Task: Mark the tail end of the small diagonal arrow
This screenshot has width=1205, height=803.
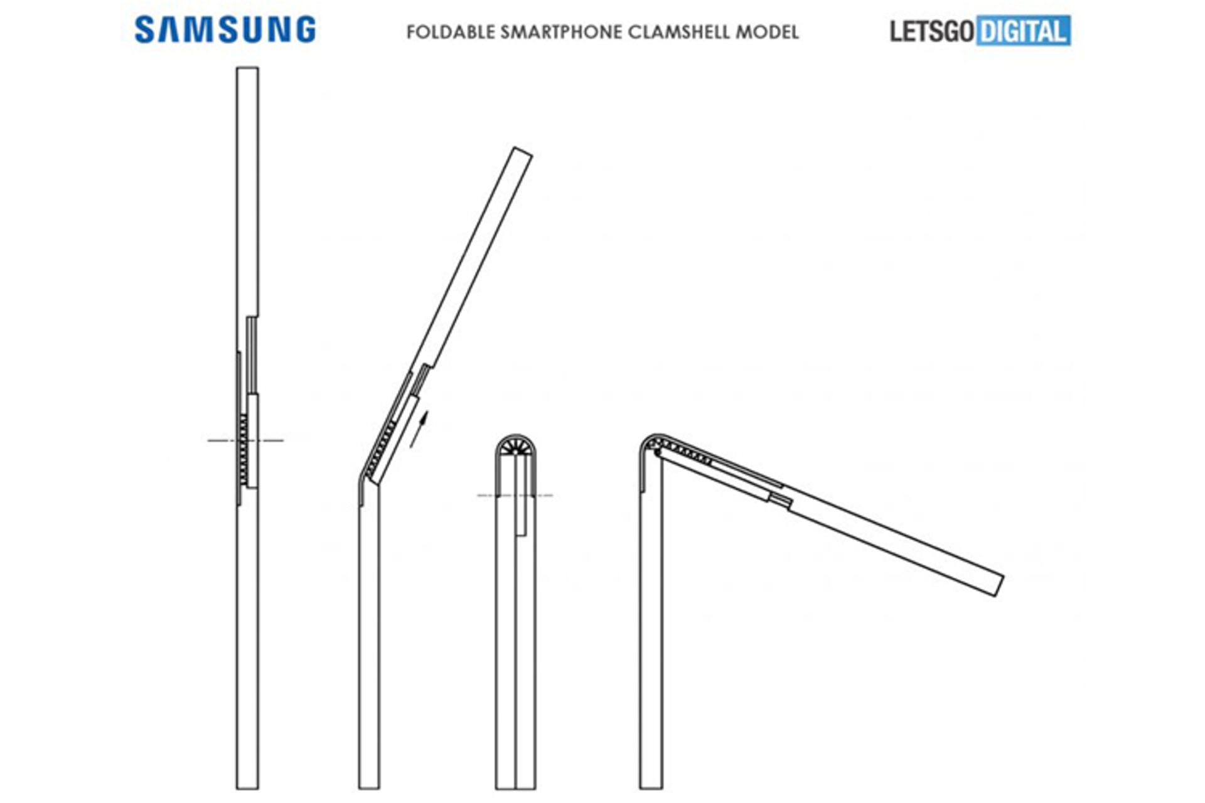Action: pyautogui.click(x=411, y=447)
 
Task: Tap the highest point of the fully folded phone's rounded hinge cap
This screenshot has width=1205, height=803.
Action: pyautogui.click(x=515, y=434)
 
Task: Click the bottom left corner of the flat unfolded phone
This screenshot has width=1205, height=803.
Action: pyautogui.click(x=237, y=789)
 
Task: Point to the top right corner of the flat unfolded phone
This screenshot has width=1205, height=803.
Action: pyautogui.click(x=258, y=68)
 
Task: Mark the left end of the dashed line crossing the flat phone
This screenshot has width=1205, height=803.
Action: pyautogui.click(x=208, y=440)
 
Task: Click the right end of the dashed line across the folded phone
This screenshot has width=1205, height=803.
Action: pyautogui.click(x=552, y=496)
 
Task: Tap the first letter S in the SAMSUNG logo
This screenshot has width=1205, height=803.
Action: pyautogui.click(x=144, y=30)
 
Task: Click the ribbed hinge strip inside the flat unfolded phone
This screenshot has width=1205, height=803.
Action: pyautogui.click(x=244, y=449)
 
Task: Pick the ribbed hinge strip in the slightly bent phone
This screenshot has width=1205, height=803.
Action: pyautogui.click(x=380, y=449)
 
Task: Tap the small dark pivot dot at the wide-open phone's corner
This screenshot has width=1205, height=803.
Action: pyautogui.click(x=656, y=450)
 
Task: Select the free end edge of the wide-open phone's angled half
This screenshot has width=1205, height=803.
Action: pyautogui.click(x=1000, y=585)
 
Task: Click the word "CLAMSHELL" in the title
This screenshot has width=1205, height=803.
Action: pyautogui.click(x=678, y=32)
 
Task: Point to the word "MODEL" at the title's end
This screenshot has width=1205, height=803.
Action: pyautogui.click(x=768, y=32)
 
